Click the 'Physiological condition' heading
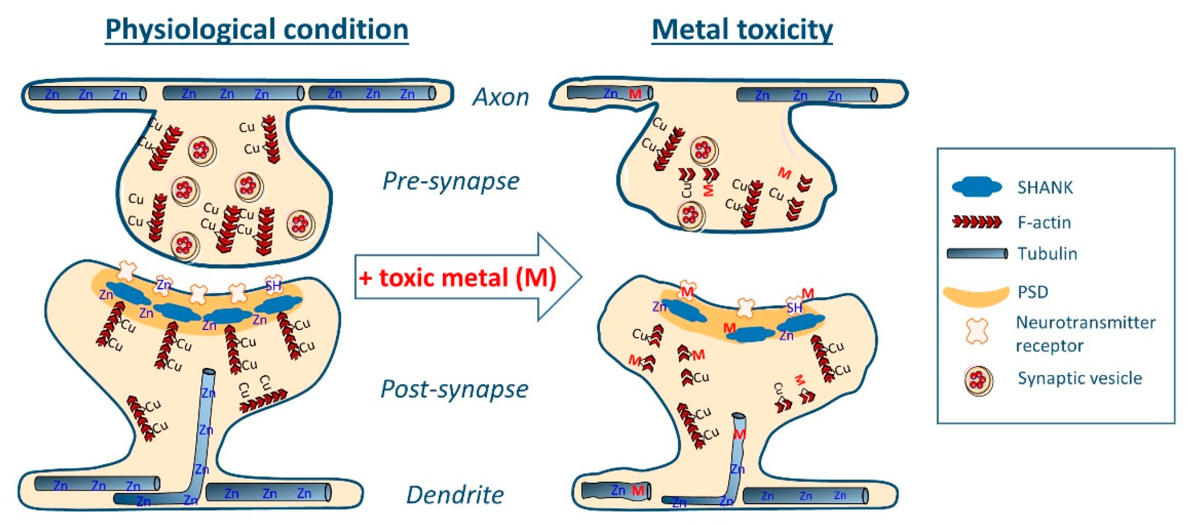click(x=256, y=29)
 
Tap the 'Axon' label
click(x=501, y=97)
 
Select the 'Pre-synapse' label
click(x=451, y=181)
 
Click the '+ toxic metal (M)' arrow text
click(x=458, y=278)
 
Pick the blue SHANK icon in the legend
click(x=977, y=187)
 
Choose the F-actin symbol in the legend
click(x=977, y=222)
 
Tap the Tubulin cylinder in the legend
click(x=977, y=253)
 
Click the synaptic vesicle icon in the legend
click(x=978, y=380)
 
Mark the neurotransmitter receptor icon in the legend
click(x=977, y=331)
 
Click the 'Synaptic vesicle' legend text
click(x=1080, y=378)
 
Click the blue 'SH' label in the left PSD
click(x=273, y=286)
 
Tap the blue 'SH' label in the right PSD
click(x=794, y=307)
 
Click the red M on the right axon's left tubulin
click(x=635, y=94)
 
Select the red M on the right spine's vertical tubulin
click(x=739, y=434)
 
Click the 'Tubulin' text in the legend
click(x=1047, y=253)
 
